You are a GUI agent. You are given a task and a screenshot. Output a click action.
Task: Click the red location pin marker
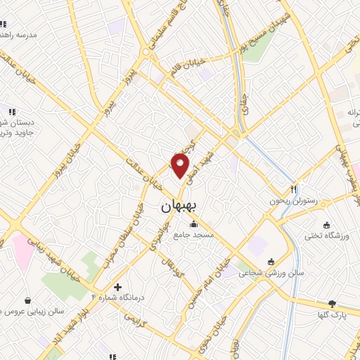[181, 166]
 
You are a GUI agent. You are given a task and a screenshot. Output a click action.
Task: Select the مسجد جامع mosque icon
[194, 224]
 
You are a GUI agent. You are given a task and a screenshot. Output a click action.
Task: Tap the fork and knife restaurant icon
[294, 189]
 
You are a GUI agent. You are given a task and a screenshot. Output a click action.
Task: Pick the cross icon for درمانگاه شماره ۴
[117, 287]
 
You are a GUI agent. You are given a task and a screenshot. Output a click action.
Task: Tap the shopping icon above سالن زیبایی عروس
[27, 300]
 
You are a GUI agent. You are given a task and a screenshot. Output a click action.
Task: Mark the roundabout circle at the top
[146, 52]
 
